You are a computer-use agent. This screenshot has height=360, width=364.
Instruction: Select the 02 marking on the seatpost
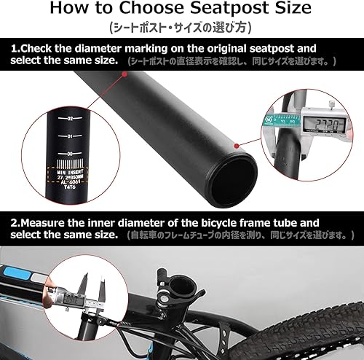(70, 119)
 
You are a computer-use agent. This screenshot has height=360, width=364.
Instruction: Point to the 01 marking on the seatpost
(70, 136)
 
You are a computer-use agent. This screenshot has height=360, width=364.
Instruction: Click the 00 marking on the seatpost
(70, 154)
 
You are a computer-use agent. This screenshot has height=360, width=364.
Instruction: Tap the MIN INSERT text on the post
(70, 169)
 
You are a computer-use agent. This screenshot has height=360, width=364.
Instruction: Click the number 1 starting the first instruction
(15, 49)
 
